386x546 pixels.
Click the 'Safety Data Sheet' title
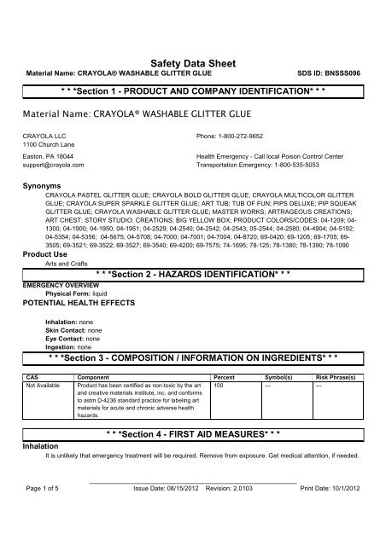[192, 62]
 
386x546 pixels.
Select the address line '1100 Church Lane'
[47, 143]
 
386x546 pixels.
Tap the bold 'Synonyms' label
[39, 184]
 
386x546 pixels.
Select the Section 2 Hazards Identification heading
[192, 276]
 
